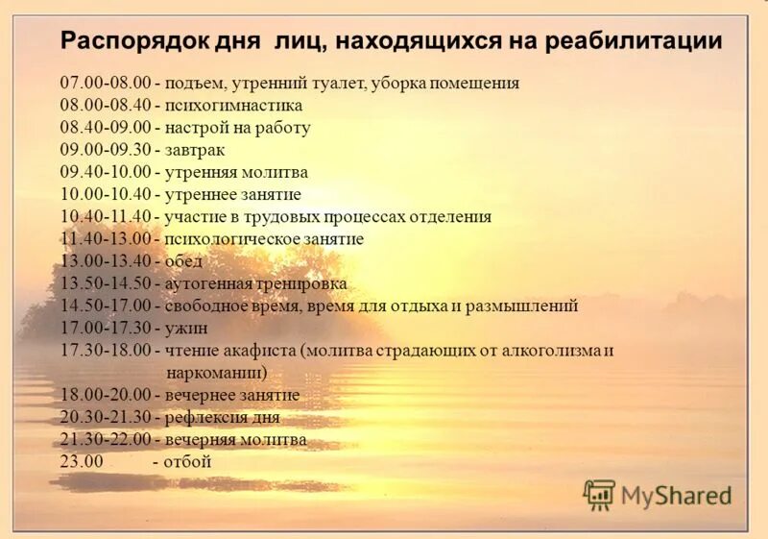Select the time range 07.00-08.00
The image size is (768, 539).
click(106, 84)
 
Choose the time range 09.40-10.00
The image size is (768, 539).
click(106, 173)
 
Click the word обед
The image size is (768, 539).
click(183, 261)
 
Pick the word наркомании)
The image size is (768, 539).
click(216, 372)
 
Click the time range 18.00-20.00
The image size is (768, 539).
click(106, 395)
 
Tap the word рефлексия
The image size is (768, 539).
click(205, 417)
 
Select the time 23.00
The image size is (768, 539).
click(81, 461)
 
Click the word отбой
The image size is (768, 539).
click(187, 461)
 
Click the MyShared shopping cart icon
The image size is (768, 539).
click(599, 495)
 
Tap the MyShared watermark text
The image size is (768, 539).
click(676, 496)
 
